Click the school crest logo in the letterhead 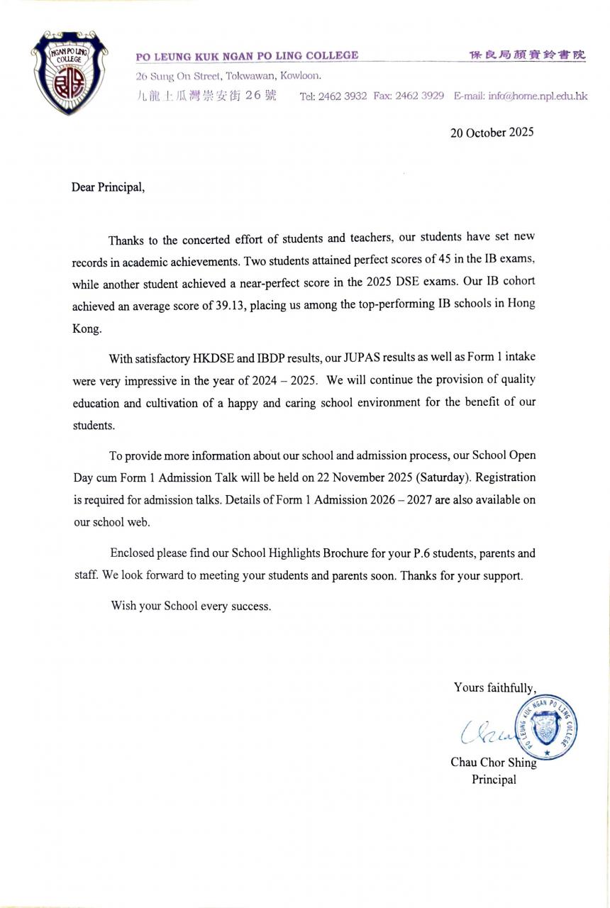(70, 72)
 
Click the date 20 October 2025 (492, 132)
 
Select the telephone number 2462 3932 (343, 96)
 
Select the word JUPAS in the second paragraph (363, 358)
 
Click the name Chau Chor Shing (494, 763)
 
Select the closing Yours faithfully (494, 687)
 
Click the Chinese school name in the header (528, 55)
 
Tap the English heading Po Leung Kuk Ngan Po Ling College (247, 55)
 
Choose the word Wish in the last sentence (123, 607)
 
